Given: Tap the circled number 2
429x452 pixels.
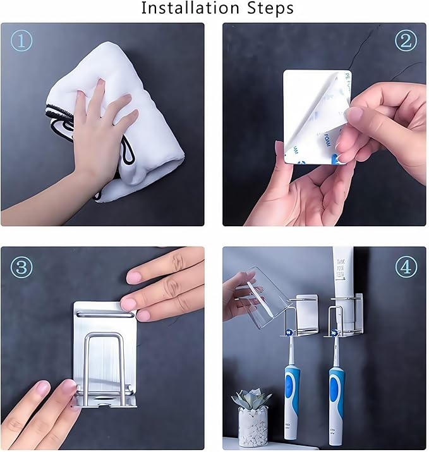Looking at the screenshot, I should pyautogui.click(x=406, y=41).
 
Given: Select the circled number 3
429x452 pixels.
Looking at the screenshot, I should pyautogui.click(x=21, y=267).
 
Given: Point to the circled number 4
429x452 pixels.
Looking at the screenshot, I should pyautogui.click(x=406, y=267).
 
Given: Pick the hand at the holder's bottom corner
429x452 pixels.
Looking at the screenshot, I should pyautogui.click(x=38, y=411).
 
